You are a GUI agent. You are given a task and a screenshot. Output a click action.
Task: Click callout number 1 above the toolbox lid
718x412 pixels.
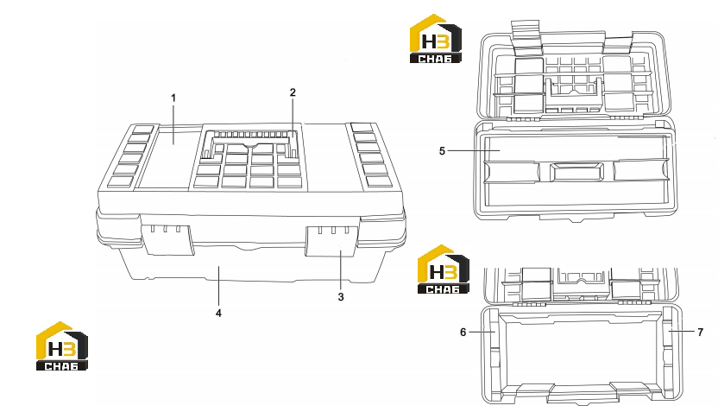pos(173,98)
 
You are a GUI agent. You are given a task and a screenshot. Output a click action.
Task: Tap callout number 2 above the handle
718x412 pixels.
pos(293,92)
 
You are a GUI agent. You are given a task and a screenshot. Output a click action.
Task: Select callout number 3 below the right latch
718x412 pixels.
pos(341,297)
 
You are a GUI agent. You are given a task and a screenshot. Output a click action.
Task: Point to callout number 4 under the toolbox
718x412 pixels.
pos(219,313)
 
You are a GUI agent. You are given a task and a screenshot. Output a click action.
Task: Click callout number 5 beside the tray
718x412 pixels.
pos(442,151)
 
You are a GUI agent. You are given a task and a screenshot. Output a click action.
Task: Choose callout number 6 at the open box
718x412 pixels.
pos(463,332)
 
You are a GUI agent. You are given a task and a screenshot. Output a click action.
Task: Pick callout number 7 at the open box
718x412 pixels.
pos(700,332)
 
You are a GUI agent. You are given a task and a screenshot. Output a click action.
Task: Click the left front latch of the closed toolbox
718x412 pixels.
pos(167,239)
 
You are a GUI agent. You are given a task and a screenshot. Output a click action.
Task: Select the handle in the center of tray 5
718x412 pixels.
pos(576,171)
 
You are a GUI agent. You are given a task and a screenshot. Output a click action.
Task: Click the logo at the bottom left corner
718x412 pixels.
pos(62,346)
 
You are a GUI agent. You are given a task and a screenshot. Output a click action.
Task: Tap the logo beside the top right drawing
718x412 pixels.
pos(436,39)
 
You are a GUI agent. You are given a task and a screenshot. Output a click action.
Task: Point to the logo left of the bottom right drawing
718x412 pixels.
pos(444,269)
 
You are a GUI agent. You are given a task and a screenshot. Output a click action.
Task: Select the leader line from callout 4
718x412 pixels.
pos(219,287)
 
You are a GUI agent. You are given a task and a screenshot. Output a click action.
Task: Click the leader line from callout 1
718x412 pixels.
pos(173,124)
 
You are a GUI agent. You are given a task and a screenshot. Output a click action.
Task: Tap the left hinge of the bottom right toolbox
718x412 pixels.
pos(529,303)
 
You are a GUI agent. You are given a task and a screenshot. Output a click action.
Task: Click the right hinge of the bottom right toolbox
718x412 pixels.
pos(634,302)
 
